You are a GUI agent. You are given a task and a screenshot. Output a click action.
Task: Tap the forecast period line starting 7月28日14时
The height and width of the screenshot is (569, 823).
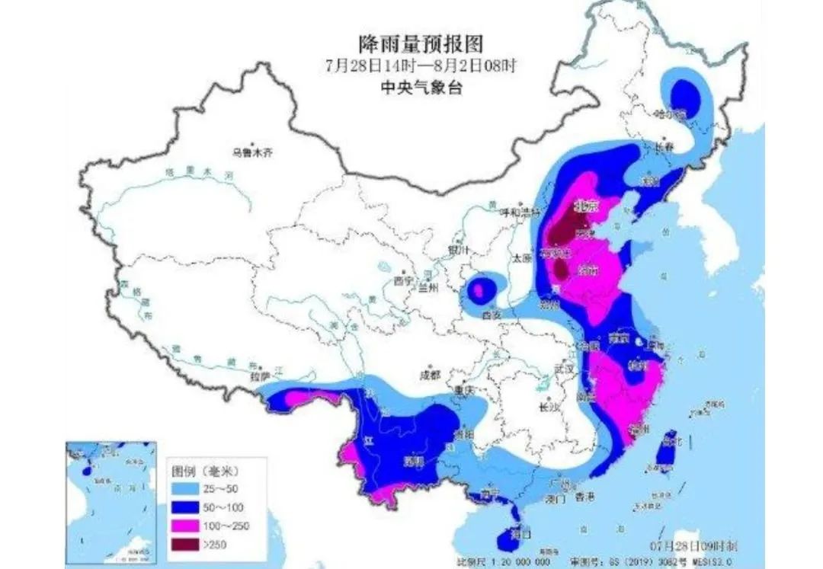(x=421, y=66)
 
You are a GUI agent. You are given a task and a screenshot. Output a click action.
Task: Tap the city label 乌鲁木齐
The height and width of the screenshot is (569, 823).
(x=251, y=152)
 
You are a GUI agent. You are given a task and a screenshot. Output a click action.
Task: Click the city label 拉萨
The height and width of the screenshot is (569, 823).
(x=260, y=376)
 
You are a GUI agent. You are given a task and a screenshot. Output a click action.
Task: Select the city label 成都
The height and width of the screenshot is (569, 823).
(x=430, y=375)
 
